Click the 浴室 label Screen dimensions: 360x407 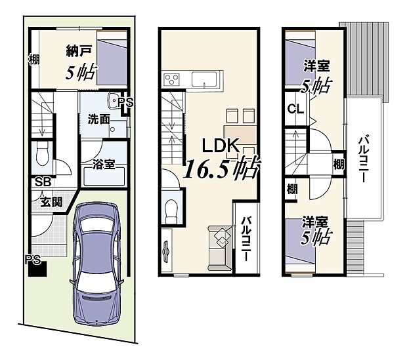point(105,164)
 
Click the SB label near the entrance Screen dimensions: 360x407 point(43,182)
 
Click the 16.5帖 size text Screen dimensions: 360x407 point(220,170)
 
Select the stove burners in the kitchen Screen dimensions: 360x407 point(172,81)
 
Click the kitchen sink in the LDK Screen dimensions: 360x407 point(208,80)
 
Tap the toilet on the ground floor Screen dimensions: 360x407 point(43,156)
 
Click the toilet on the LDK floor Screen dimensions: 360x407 point(172,210)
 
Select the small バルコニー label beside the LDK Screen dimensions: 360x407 point(246,238)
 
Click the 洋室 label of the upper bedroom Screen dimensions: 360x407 point(316,67)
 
